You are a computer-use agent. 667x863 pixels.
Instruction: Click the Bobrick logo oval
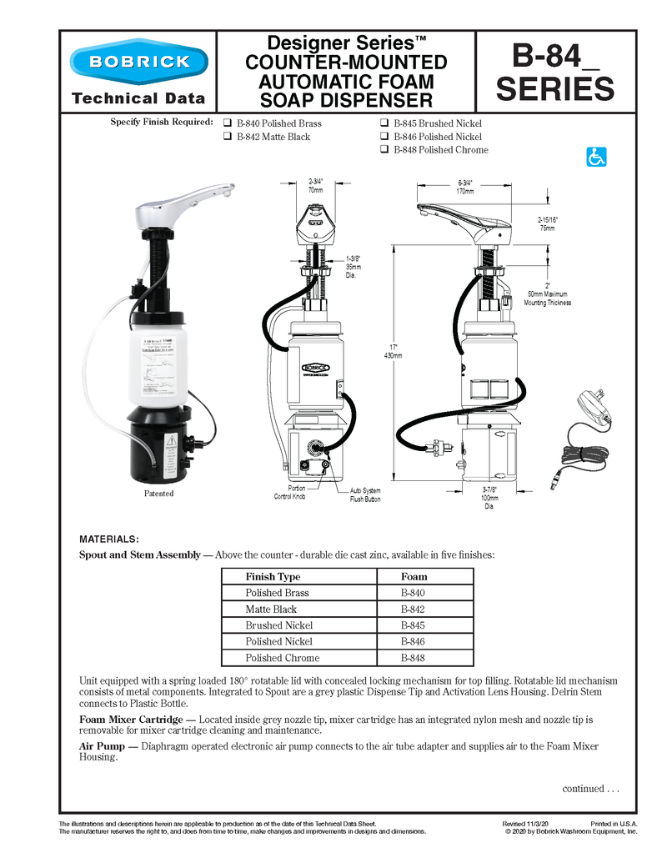[x=138, y=62]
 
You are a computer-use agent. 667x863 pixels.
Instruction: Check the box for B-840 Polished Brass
[x=228, y=123]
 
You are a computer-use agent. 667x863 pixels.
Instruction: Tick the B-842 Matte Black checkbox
[x=228, y=137]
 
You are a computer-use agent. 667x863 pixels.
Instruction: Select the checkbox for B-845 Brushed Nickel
[x=384, y=123]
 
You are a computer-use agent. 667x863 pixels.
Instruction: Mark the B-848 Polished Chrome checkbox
[x=384, y=150]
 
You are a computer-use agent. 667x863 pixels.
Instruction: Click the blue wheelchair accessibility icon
[x=596, y=157]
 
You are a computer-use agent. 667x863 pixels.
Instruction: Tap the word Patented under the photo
[x=158, y=494]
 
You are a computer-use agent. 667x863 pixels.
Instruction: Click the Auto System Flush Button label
[x=365, y=495]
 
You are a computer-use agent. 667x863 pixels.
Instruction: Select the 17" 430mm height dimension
[x=393, y=351]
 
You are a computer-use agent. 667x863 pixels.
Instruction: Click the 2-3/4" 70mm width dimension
[x=316, y=185]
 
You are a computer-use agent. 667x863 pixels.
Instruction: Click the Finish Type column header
[x=273, y=576]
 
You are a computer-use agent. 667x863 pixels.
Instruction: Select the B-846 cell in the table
[x=414, y=641]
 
